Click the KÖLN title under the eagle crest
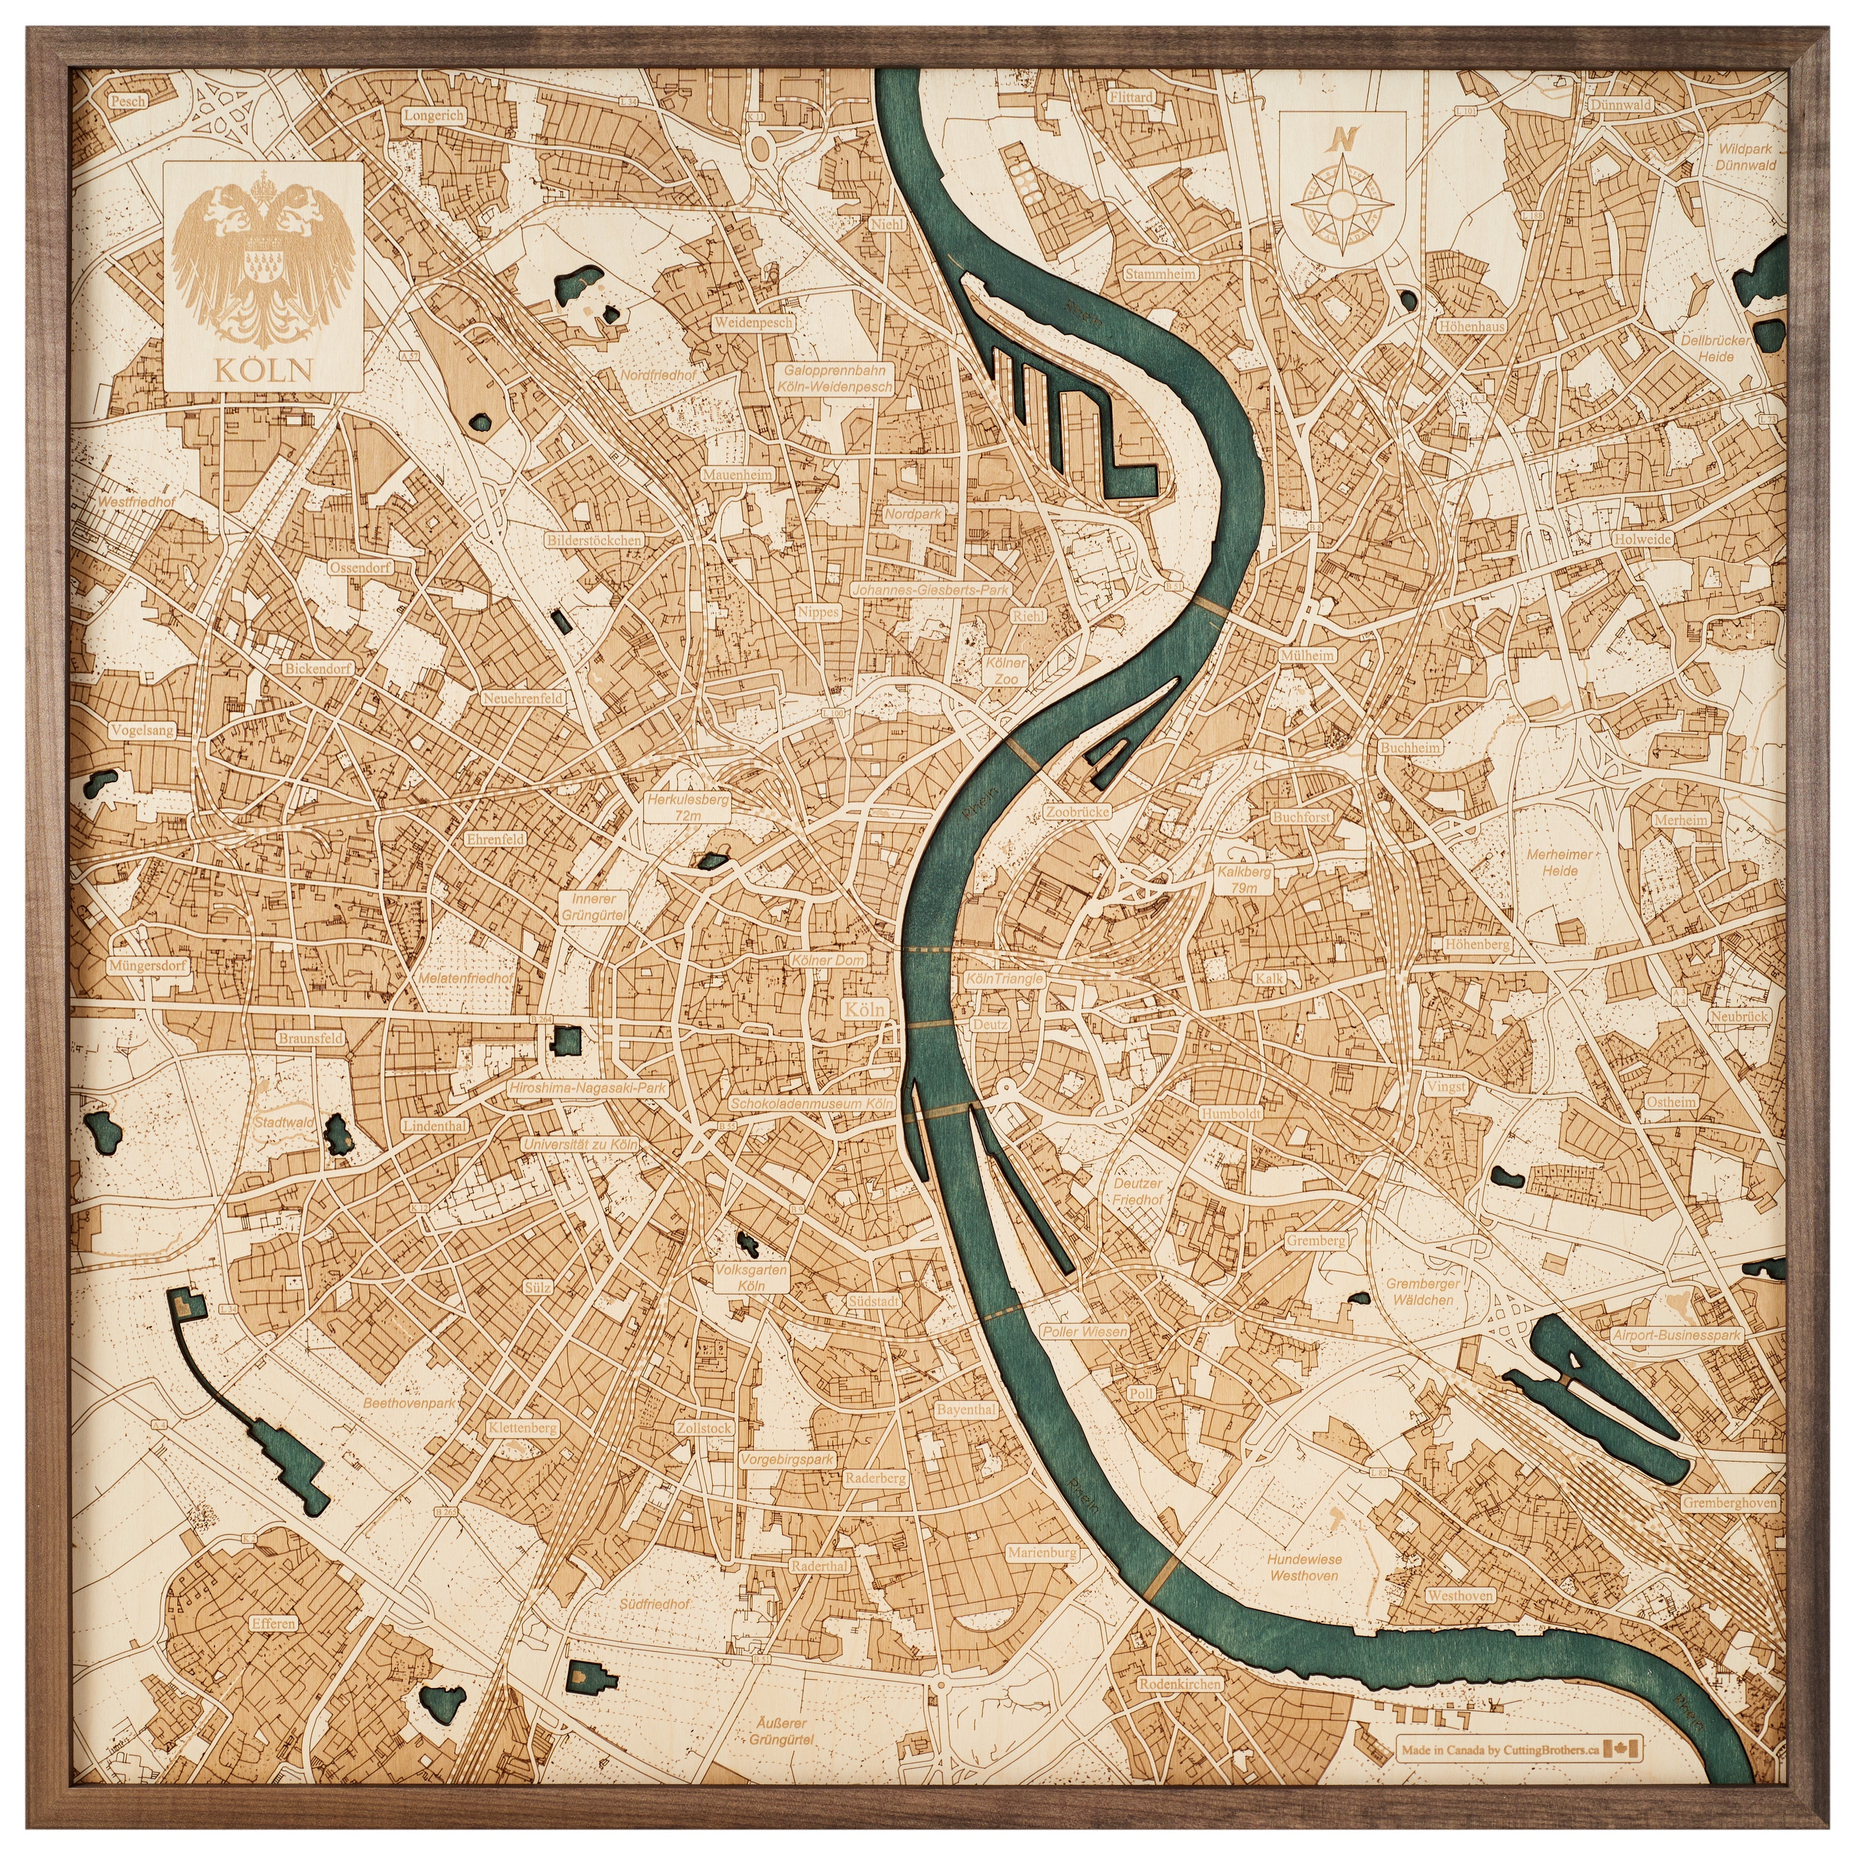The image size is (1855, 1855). tap(263, 370)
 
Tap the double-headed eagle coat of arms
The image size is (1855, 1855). tap(263, 257)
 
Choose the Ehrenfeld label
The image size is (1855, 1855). tap(495, 838)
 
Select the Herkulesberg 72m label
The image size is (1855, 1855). tap(688, 807)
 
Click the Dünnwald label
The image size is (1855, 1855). tap(1620, 105)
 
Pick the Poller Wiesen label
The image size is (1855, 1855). tap(1085, 1332)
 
